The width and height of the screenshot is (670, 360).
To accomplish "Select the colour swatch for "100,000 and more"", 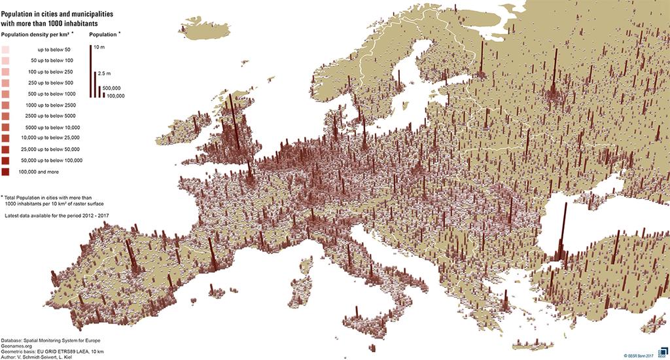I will (5, 171).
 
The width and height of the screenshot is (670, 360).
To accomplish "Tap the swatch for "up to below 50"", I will (5, 49).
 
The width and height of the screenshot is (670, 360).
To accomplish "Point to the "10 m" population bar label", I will (99, 48).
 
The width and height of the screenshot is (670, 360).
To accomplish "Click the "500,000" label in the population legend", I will (113, 87).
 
